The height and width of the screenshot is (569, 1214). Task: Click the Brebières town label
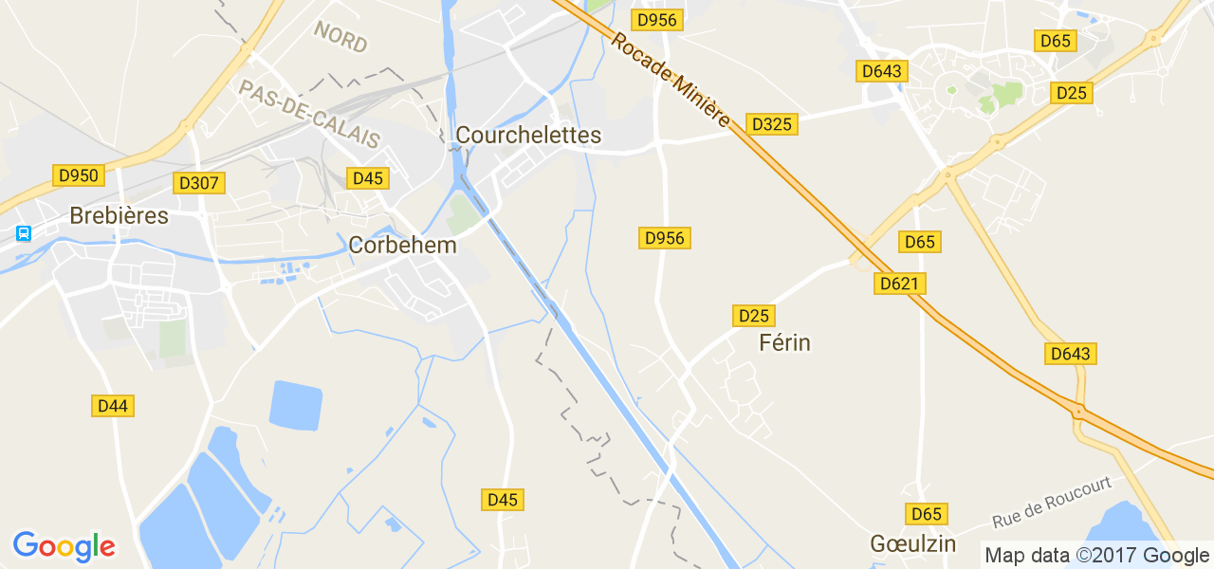click(x=119, y=216)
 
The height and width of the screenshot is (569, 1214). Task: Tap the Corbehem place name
click(x=402, y=246)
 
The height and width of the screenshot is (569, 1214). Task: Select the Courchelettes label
click(x=528, y=136)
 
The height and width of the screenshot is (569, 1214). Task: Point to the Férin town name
click(x=784, y=342)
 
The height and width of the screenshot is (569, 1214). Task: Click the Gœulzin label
click(x=911, y=544)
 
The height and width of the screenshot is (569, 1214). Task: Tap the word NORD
click(x=340, y=37)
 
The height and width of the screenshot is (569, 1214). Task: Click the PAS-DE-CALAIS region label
click(x=308, y=114)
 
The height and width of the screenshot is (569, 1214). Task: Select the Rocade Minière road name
click(x=671, y=82)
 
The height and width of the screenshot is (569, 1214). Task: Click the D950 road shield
click(x=79, y=175)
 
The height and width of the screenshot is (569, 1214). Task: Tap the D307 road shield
click(x=198, y=183)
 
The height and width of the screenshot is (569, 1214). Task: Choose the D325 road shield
click(x=771, y=124)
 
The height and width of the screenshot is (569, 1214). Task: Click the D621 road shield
click(x=900, y=284)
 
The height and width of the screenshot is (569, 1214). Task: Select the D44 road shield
click(x=113, y=406)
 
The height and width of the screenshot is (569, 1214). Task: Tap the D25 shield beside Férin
click(x=754, y=316)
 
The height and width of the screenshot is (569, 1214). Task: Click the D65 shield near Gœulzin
click(x=927, y=514)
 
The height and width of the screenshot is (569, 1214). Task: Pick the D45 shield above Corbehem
click(x=367, y=178)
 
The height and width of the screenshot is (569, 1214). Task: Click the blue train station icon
click(x=24, y=233)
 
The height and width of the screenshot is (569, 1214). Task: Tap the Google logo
click(x=64, y=546)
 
